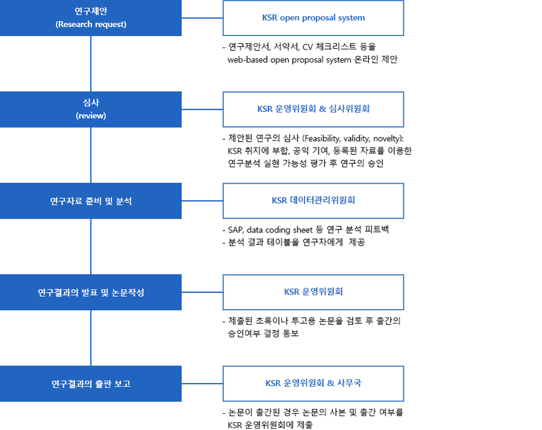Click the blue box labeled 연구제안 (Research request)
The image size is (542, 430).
point(90,17)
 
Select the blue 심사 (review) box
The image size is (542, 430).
point(90,109)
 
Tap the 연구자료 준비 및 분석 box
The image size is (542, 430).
point(90,201)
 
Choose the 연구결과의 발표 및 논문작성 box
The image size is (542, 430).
point(90,292)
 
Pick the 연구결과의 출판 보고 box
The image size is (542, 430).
point(90,384)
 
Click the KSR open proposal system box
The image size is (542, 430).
point(313,18)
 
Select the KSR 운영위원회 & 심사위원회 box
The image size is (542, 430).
point(313,109)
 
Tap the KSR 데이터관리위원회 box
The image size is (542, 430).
point(313,201)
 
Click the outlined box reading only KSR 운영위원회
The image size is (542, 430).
point(313,292)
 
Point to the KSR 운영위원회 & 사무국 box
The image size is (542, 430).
point(313,384)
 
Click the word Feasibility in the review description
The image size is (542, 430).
point(322,139)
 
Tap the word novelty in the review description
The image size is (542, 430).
point(387,139)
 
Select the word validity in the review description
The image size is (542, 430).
point(357,139)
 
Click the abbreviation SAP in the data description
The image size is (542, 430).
point(235,230)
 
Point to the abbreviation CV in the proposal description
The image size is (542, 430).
point(308,47)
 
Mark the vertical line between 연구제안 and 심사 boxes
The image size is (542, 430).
point(91,64)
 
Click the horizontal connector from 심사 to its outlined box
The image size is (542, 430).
point(202,109)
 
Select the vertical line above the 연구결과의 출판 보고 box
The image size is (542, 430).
point(91,338)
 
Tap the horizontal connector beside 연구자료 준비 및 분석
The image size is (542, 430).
point(202,201)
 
